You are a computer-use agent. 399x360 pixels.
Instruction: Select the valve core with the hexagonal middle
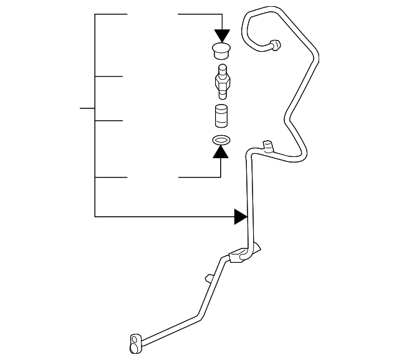pyautogui.click(x=221, y=82)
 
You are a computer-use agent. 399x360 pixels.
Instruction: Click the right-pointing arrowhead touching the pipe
pyautogui.click(x=241, y=216)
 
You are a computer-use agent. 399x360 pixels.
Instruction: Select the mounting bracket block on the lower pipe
pyautogui.click(x=238, y=256)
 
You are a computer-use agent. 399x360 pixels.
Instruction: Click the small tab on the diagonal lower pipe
pyautogui.click(x=208, y=277)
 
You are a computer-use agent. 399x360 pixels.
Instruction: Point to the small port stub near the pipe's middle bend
pyautogui.click(x=268, y=146)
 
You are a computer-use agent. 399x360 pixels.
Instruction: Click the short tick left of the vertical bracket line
pyautogui.click(x=87, y=108)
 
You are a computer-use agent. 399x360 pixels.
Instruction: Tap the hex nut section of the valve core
pyautogui.click(x=221, y=82)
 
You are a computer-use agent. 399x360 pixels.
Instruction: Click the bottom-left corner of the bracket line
pyautogui.click(x=95, y=216)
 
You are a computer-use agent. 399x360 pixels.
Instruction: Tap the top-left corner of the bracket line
pyautogui.click(x=95, y=14)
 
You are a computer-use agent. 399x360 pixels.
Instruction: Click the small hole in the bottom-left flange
pyautogui.click(x=134, y=340)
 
